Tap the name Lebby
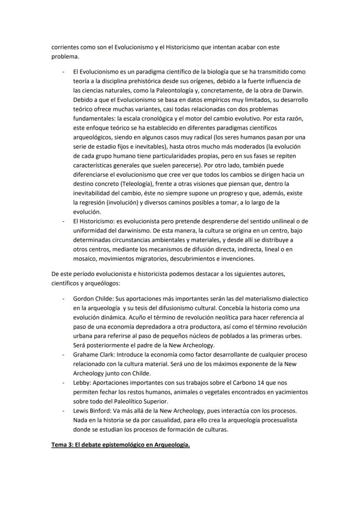coord(82,383)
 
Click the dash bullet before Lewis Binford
coord(64,411)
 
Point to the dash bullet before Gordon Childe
coord(64,299)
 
